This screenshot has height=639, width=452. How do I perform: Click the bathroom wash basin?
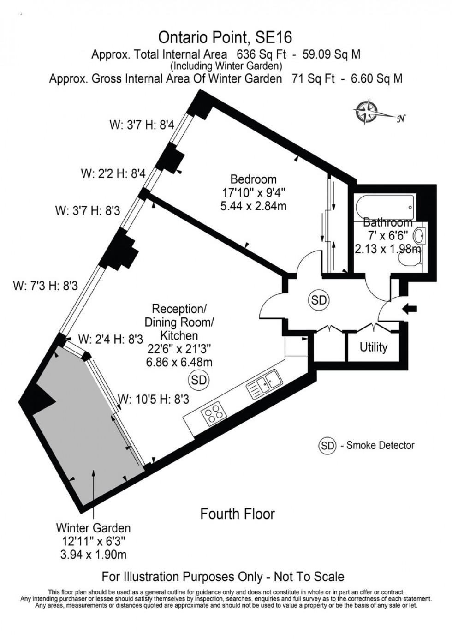click(x=419, y=236)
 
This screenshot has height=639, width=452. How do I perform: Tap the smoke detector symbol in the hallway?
click(x=319, y=300)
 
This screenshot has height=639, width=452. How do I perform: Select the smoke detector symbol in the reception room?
click(x=199, y=380)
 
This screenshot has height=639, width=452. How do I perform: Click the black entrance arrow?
click(x=409, y=308)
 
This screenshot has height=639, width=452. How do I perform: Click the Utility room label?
click(x=373, y=347)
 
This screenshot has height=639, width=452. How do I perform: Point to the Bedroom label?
click(x=253, y=179)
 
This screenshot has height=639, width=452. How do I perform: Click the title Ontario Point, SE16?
click(x=225, y=37)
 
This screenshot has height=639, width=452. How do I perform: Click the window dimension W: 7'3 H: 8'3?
click(x=45, y=286)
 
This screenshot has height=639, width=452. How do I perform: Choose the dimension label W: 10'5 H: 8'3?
click(x=154, y=400)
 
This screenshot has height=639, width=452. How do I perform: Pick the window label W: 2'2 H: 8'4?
click(x=113, y=173)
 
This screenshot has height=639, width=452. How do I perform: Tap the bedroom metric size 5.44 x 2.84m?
click(x=253, y=206)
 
